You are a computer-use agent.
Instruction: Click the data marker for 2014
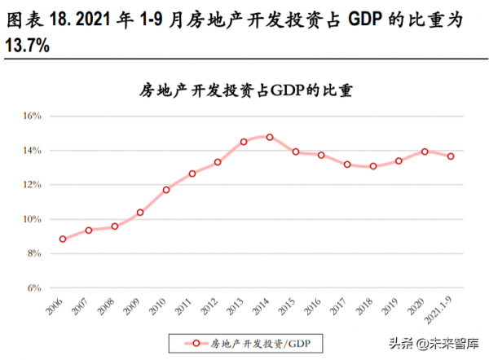click(270, 138)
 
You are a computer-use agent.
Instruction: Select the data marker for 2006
click(63, 239)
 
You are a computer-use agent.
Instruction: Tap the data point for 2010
click(166, 190)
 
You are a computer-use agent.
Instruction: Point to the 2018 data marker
click(373, 166)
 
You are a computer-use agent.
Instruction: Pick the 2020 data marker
click(425, 151)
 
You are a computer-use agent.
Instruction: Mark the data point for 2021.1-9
click(451, 156)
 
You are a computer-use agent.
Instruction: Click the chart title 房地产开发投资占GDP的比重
click(247, 90)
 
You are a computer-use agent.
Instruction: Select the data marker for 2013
click(244, 142)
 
